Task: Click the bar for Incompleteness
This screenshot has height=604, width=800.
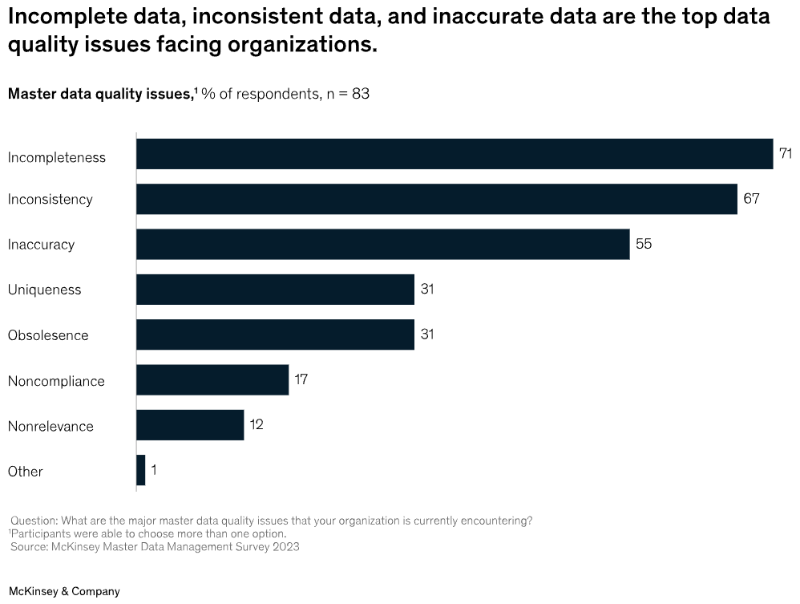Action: (455, 154)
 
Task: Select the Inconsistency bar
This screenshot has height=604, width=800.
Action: (437, 199)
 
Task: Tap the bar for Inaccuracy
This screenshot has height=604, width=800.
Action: (383, 244)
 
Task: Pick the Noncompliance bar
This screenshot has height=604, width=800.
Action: (212, 380)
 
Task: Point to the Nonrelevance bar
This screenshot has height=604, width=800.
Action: (190, 425)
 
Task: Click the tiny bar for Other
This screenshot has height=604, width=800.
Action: (141, 471)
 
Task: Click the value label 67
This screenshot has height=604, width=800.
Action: (751, 199)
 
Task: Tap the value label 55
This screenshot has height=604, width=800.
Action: (644, 244)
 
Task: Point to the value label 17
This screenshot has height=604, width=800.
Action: (301, 379)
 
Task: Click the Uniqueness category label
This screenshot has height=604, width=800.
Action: (44, 290)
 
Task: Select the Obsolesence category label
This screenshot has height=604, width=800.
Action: (48, 335)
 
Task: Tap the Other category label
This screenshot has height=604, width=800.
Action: (26, 471)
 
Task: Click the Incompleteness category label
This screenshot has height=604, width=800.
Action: (57, 157)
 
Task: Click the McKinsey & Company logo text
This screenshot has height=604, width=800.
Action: (64, 591)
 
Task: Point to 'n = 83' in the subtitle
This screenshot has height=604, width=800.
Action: (347, 94)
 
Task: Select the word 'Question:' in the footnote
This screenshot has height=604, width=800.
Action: (34, 521)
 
